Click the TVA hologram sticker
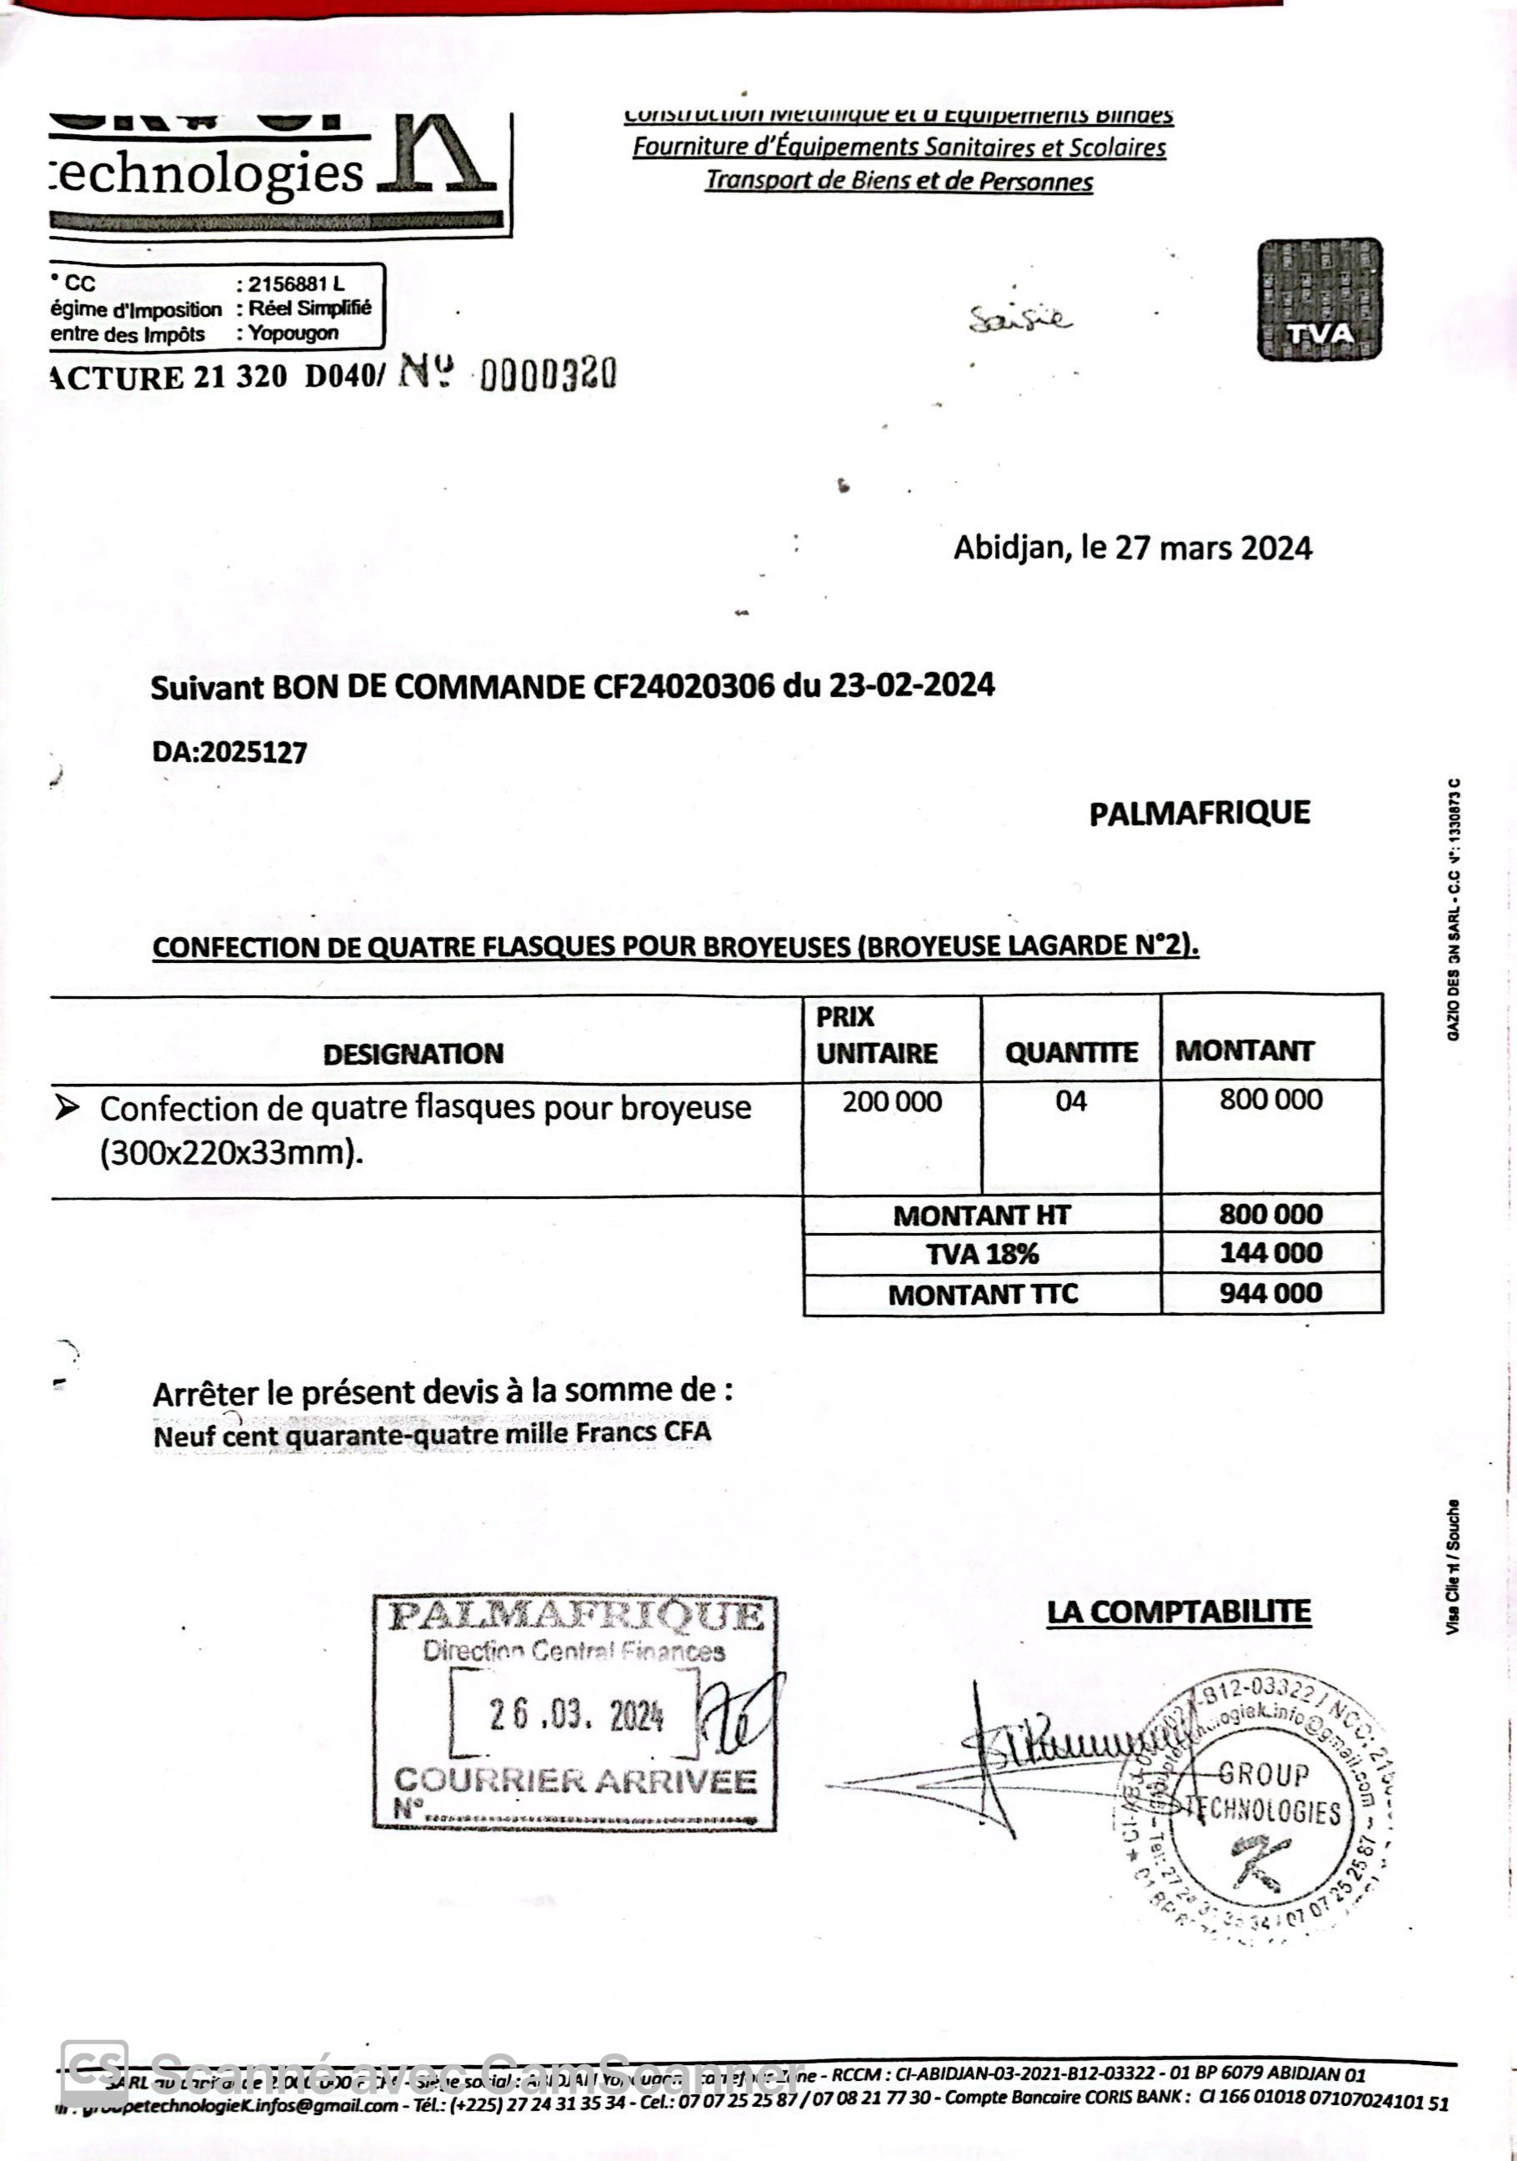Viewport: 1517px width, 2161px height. point(1319,299)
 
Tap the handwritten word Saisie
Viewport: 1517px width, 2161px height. point(1020,321)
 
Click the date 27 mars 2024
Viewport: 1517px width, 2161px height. point(1213,548)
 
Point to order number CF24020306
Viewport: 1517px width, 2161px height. point(685,686)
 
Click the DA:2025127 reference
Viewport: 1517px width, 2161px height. point(229,752)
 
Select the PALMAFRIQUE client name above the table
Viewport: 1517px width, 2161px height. point(1199,813)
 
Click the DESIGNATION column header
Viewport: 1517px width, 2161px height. point(413,1053)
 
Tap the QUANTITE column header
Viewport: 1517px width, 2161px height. point(1071,1051)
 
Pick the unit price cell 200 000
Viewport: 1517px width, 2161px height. point(891,1101)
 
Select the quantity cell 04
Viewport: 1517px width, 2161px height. point(1071,1101)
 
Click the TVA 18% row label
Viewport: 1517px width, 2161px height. point(982,1254)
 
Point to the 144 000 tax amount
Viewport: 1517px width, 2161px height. point(1270,1253)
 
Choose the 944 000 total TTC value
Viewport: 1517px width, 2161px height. point(1270,1293)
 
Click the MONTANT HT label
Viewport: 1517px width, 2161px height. point(982,1215)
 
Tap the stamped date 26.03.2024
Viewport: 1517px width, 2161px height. point(576,1716)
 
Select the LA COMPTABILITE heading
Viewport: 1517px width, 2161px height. point(1179,1612)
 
